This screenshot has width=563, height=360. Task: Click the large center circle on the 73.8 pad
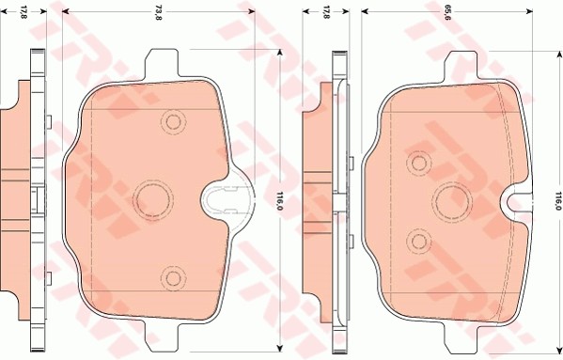click(150, 197)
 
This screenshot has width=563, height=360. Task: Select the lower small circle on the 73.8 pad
click(171, 275)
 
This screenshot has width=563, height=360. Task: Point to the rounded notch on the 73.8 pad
click(222, 198)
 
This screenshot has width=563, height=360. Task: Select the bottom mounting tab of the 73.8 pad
click(163, 333)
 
